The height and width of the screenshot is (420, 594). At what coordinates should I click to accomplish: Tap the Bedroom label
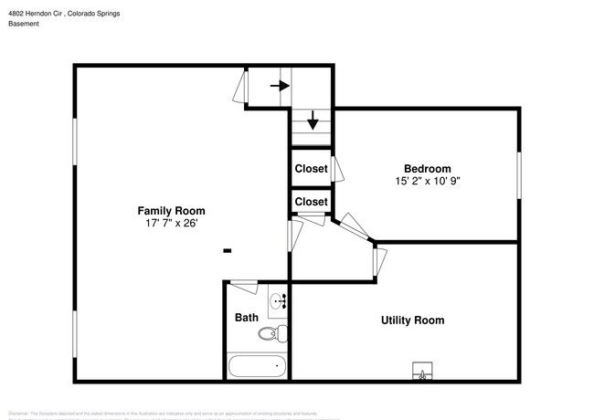428,168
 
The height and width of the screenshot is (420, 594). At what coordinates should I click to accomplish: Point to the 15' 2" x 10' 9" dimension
428,181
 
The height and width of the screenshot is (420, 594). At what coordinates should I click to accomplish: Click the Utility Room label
412,320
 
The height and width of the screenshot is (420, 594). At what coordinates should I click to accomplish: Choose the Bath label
247,318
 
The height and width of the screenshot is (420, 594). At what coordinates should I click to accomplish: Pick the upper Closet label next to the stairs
311,169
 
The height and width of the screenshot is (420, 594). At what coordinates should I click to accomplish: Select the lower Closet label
311,202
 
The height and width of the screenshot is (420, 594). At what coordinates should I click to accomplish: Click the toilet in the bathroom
272,333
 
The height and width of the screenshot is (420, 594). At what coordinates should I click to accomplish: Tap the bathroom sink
278,300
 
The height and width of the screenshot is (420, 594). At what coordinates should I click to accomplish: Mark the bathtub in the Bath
257,367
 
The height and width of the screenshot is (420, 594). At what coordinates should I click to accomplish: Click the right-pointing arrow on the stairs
280,87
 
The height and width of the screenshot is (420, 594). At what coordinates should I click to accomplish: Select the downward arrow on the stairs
313,121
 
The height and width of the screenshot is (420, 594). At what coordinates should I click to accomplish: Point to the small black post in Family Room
228,250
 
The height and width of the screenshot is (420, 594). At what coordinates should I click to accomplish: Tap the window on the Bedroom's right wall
519,175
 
